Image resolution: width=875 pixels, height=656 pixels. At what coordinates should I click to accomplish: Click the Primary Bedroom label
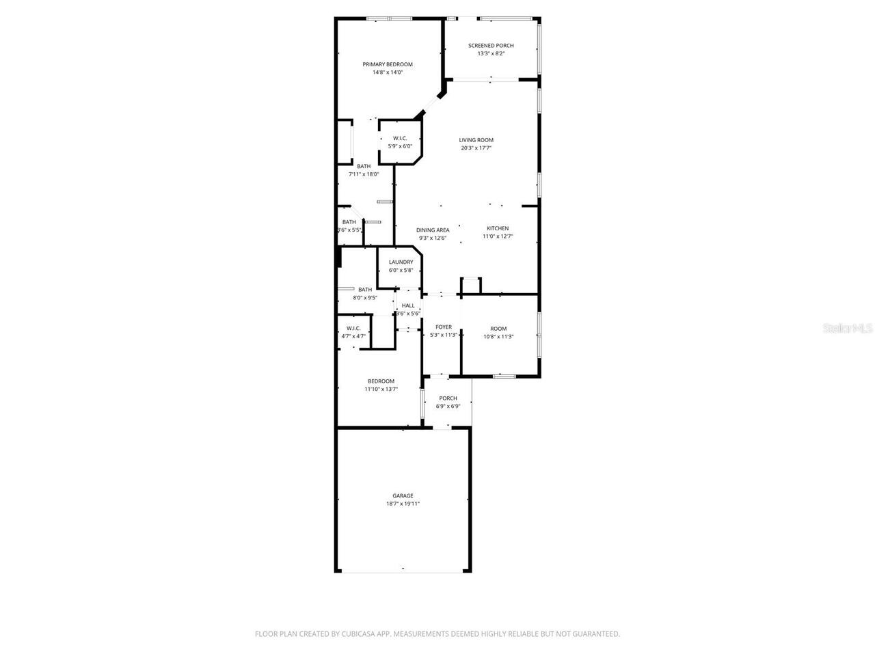coord(388,64)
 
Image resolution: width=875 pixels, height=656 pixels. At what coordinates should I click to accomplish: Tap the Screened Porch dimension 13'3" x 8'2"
coord(491,54)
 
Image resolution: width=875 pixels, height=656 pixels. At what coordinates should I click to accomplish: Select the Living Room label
coord(476,140)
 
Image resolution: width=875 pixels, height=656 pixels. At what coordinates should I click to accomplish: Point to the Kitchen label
coord(498,228)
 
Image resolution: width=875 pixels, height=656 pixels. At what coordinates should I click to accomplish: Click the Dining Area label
coord(433,230)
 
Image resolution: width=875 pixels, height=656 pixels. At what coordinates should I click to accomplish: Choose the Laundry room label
coord(401,262)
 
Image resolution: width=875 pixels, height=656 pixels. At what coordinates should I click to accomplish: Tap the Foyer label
coord(444,327)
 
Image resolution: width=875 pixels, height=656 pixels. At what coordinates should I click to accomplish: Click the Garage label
coord(403,496)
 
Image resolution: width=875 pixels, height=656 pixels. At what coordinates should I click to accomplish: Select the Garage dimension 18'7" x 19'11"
coord(403,504)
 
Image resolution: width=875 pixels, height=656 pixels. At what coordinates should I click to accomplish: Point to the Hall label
coord(408,305)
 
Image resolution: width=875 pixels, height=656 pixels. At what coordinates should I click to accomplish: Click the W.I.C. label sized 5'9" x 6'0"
coord(400,138)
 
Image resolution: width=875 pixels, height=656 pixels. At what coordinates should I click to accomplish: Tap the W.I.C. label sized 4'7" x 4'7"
coord(353,328)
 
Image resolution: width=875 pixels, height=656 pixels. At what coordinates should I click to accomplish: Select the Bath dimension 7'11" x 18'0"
coord(364,174)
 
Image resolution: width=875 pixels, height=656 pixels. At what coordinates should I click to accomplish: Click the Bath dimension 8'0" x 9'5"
coord(365,298)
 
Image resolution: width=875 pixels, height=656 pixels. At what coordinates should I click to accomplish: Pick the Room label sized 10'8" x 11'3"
coord(498,329)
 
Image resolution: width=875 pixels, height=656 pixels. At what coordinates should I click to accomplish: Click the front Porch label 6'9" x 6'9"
coord(448,398)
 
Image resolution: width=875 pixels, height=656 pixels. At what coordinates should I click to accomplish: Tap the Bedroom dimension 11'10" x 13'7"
coord(381,389)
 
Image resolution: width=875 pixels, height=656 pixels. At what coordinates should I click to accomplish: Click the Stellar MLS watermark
coord(848,329)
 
